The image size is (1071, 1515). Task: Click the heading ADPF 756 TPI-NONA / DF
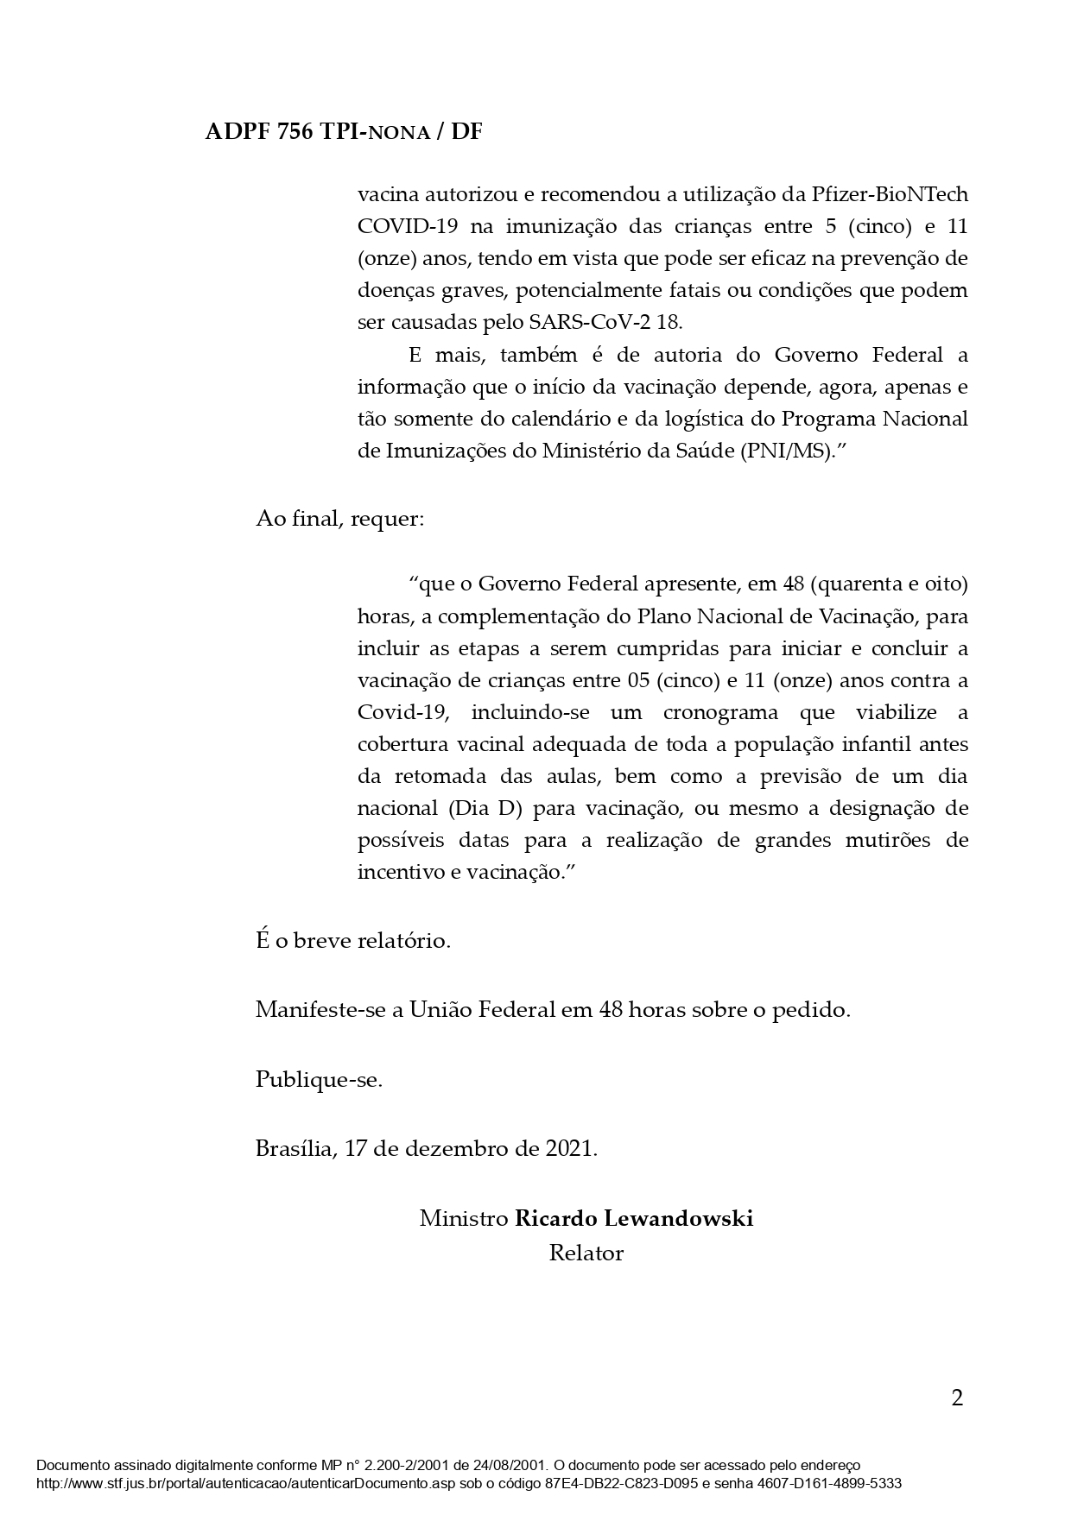tap(344, 132)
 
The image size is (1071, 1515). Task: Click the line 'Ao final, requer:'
tap(339, 520)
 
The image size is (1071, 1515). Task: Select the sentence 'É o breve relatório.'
tap(353, 940)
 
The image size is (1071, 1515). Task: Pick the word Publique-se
tap(319, 1080)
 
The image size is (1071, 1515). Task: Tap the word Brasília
tap(295, 1149)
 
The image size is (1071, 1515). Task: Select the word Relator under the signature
tap(586, 1253)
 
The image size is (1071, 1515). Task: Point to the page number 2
tap(956, 1398)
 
